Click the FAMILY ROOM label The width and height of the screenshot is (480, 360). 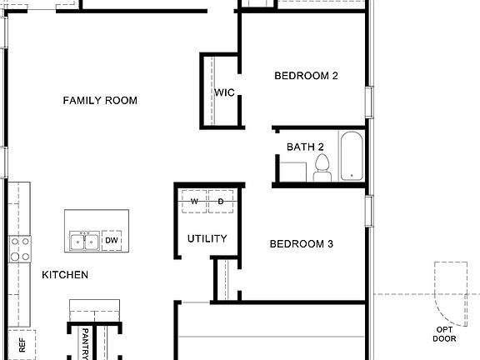(x=100, y=101)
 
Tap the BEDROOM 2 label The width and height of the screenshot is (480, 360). (x=306, y=76)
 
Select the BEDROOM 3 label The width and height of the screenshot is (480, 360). (x=301, y=244)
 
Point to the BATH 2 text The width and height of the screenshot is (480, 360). (x=305, y=147)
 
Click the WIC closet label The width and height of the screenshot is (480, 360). (x=225, y=92)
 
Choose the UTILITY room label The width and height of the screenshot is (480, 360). (x=207, y=238)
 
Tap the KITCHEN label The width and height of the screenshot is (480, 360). (x=65, y=274)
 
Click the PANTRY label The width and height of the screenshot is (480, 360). (x=85, y=343)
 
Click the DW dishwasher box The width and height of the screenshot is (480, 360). (x=112, y=240)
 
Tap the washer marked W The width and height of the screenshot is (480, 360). (x=194, y=202)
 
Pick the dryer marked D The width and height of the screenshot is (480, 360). (x=221, y=202)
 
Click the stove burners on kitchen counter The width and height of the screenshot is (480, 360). (x=20, y=249)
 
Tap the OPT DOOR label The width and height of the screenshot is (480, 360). (x=444, y=333)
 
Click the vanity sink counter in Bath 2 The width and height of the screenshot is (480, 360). (x=292, y=170)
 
